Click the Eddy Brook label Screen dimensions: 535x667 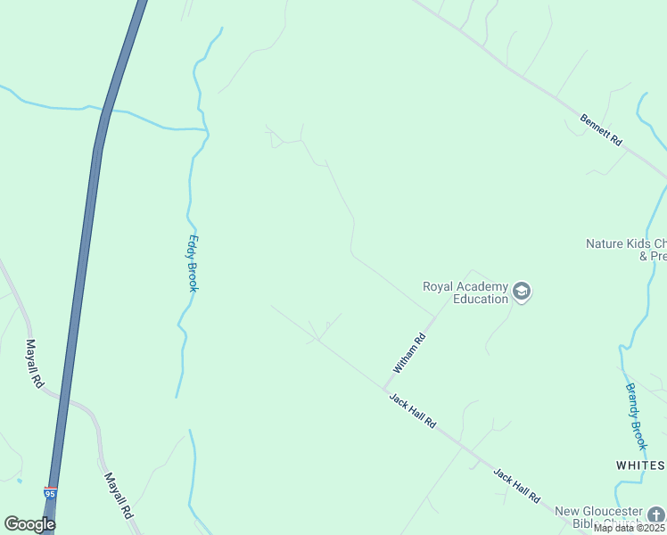pyautogui.click(x=192, y=263)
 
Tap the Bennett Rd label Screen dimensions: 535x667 pyautogui.click(x=600, y=130)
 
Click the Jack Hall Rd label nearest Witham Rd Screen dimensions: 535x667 pyautogui.click(x=412, y=412)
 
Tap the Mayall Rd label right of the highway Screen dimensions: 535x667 pyautogui.click(x=117, y=497)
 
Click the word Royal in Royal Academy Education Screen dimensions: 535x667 pyautogui.click(x=439, y=287)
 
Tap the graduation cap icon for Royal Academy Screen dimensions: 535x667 pyautogui.click(x=522, y=292)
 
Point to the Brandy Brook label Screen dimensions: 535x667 pyautogui.click(x=635, y=416)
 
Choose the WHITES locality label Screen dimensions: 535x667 pyautogui.click(x=640, y=465)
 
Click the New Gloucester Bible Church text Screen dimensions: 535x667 pyautogui.click(x=597, y=517)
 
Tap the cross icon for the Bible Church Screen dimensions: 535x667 pyautogui.click(x=655, y=515)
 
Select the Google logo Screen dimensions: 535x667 pyautogui.click(x=29, y=524)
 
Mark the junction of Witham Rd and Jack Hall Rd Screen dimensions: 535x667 pyautogui.click(x=383, y=390)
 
